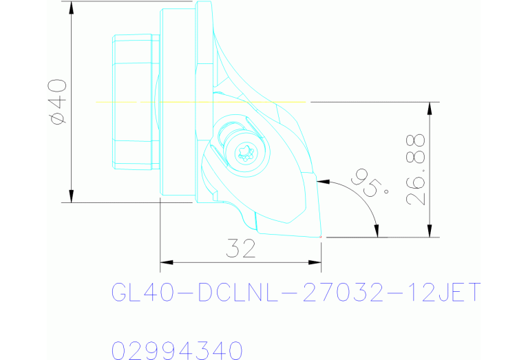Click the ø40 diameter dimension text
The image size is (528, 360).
[58, 101]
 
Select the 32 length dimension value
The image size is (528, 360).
[240, 248]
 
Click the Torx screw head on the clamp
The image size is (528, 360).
[246, 153]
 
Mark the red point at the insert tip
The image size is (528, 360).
[321, 237]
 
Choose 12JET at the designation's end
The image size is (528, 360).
[443, 294]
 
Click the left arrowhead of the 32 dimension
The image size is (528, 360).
[165, 262]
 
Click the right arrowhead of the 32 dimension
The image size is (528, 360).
[317, 262]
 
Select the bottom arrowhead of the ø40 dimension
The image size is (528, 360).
[72, 198]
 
